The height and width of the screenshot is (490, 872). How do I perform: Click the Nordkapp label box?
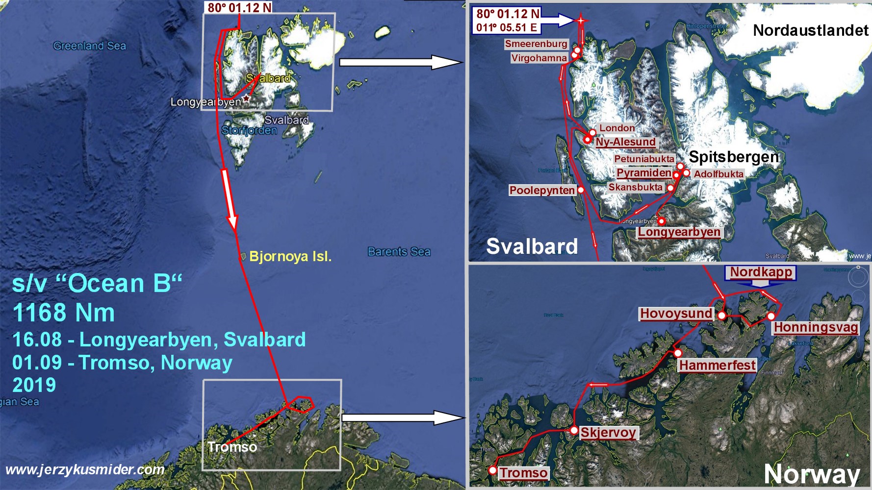click(761, 272)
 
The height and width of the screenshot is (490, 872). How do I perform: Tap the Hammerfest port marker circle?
click(677, 353)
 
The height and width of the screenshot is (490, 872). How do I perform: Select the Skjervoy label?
click(609, 433)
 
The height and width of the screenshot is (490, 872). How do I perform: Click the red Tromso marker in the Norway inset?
click(493, 470)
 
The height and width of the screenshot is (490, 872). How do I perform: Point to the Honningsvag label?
click(816, 328)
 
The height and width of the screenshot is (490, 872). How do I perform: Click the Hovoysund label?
click(676, 314)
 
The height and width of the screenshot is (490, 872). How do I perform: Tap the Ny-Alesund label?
click(625, 142)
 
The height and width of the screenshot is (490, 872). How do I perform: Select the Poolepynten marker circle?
click(581, 190)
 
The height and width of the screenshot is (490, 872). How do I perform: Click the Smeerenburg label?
click(536, 44)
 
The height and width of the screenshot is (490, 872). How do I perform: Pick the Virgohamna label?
click(539, 58)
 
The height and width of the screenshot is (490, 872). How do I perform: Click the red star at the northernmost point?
click(581, 21)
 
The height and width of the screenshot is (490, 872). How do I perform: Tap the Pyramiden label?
click(643, 173)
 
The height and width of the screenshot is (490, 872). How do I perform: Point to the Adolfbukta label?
click(718, 174)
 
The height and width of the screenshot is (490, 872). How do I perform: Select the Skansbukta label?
click(636, 187)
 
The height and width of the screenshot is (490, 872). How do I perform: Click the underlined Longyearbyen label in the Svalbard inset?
click(679, 232)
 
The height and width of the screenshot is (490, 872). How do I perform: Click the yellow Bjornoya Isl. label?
click(290, 256)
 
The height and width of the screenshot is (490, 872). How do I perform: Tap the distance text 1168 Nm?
click(64, 313)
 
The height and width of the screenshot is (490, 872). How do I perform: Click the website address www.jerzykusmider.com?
click(85, 469)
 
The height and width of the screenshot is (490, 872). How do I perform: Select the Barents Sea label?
click(399, 252)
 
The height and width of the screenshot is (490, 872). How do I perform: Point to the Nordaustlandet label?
click(810, 31)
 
